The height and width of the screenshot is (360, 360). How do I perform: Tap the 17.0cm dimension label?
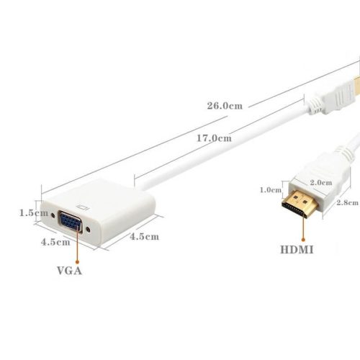215,138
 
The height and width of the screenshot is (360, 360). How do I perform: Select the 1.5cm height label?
28,213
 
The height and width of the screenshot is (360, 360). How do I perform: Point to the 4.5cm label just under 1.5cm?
55,243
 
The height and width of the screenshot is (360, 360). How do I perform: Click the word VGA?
70,271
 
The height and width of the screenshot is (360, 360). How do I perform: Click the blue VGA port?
69,222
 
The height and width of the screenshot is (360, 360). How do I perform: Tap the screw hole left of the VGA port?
52,214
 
